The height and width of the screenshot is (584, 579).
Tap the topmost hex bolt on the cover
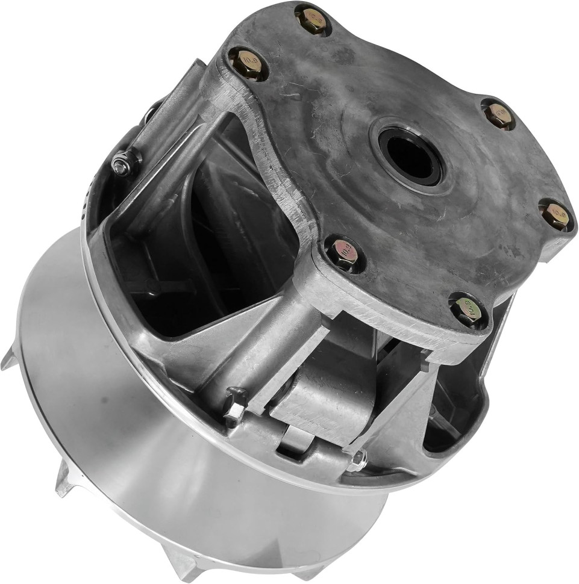(312, 19)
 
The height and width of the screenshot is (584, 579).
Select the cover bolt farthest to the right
(554, 214)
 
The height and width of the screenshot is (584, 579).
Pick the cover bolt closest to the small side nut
(248, 64)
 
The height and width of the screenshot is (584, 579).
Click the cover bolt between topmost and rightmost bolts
(499, 115)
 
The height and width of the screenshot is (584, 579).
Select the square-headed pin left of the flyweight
(234, 404)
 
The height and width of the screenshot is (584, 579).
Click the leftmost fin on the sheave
(8, 359)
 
